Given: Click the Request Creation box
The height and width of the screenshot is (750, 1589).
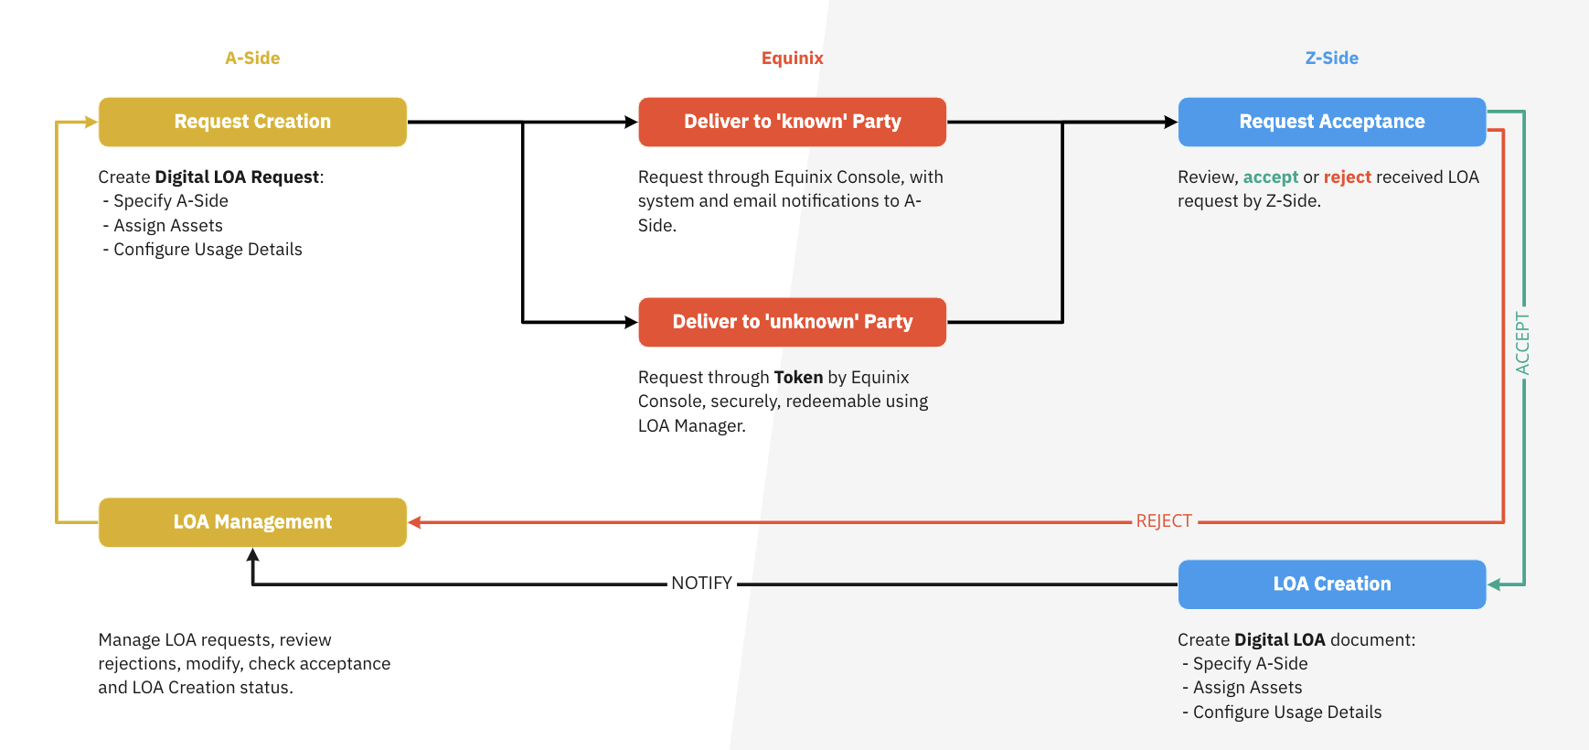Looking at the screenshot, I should pyautogui.click(x=252, y=122).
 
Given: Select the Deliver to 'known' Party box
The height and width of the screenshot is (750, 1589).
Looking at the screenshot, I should pyautogui.click(x=792, y=122).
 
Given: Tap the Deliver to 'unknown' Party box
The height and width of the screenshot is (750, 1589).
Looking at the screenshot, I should pyautogui.click(x=792, y=322).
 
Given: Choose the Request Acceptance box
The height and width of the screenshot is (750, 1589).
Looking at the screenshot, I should pyautogui.click(x=1331, y=122).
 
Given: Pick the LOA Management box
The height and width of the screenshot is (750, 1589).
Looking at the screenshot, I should pyautogui.click(x=252, y=522).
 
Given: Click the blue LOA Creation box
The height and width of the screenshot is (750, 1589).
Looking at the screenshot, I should pyautogui.click(x=1331, y=584).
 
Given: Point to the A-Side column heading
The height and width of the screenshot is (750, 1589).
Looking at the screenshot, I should pyautogui.click(x=252, y=58).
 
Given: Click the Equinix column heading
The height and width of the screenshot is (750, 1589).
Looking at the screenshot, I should pyautogui.click(x=792, y=58).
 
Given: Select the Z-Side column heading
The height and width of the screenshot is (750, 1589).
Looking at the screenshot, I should pyautogui.click(x=1331, y=58).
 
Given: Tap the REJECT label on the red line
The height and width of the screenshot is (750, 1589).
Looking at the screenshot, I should pyautogui.click(x=1164, y=521).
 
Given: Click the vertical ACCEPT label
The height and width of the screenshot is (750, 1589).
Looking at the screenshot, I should pyautogui.click(x=1522, y=343).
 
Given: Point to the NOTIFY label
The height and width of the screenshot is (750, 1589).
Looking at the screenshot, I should pyautogui.click(x=701, y=584).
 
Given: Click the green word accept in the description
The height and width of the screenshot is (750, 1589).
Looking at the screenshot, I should pyautogui.click(x=1270, y=177).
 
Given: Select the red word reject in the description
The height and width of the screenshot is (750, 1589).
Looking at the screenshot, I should pyautogui.click(x=1347, y=177).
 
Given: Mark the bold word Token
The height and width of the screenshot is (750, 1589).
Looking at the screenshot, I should pyautogui.click(x=798, y=378).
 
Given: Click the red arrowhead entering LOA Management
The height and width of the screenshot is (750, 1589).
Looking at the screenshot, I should pyautogui.click(x=415, y=522).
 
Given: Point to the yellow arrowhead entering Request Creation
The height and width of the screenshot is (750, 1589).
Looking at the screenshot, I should pyautogui.click(x=91, y=122).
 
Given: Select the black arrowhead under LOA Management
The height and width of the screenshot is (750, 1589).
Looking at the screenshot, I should pyautogui.click(x=253, y=554).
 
